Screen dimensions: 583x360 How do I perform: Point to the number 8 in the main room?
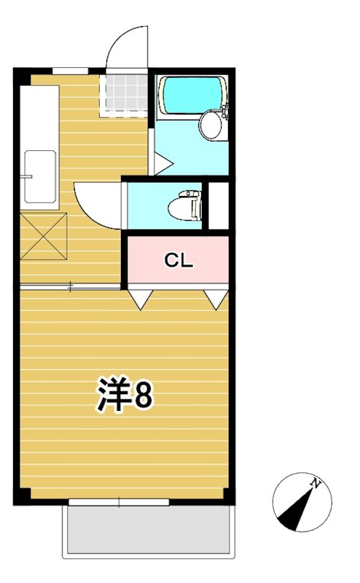point(143,396)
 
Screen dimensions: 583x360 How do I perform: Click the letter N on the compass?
point(316,483)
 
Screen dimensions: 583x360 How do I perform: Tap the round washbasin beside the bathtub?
point(211,124)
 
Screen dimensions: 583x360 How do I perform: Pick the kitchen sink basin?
point(39,177)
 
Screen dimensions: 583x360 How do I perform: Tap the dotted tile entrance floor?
point(125,93)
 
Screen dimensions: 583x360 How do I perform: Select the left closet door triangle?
point(141,297)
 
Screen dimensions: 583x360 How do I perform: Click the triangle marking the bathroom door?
point(159,164)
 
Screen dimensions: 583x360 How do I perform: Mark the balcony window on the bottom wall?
point(119,501)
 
